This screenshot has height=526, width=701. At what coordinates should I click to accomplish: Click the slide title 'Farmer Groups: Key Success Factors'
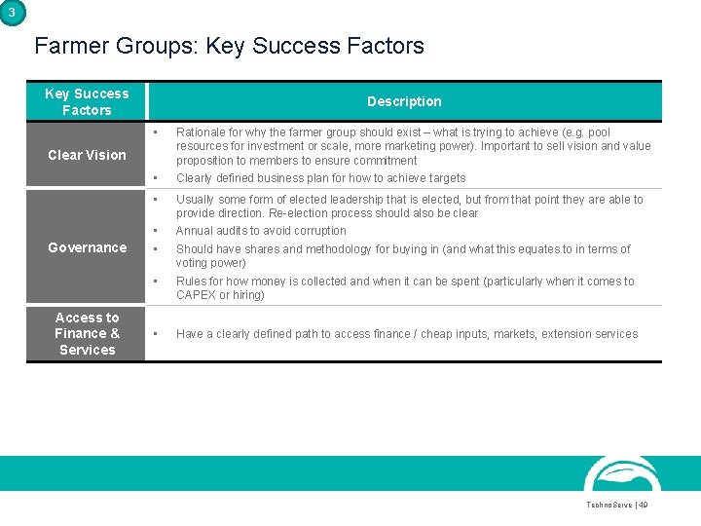pos(229,46)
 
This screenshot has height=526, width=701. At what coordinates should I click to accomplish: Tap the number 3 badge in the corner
pos(11,12)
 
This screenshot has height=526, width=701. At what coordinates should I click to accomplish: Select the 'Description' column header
pos(404,101)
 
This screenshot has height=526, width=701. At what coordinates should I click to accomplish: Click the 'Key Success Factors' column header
pos(87,101)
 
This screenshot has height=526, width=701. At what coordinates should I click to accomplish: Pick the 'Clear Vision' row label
pos(87,155)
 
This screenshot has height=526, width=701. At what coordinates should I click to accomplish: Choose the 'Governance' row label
pos(87,247)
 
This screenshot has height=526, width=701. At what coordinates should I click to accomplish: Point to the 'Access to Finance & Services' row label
pos(87,333)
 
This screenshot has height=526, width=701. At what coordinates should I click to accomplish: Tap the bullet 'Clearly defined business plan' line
pos(320,178)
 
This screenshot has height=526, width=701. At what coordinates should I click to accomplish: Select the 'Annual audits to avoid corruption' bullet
pos(261,231)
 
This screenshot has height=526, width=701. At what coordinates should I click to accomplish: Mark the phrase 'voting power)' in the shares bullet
pos(211,263)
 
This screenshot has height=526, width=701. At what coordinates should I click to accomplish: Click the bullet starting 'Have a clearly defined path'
pos(407,334)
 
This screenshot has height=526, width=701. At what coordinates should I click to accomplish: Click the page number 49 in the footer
pos(643,505)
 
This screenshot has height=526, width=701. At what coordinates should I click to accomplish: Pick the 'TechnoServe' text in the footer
pos(608,505)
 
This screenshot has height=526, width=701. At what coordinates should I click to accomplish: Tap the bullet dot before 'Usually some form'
pos(156,200)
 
